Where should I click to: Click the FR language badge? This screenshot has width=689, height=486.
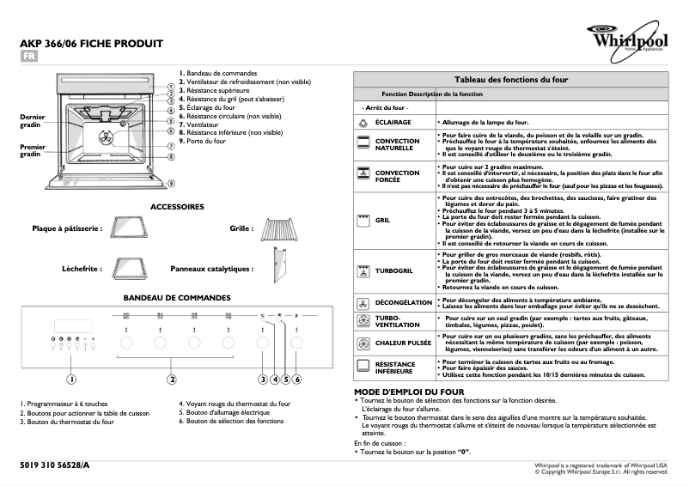[x=29, y=57]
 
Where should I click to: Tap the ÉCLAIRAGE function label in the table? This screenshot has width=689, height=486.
[x=392, y=123]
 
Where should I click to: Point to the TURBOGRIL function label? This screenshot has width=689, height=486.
[x=393, y=272]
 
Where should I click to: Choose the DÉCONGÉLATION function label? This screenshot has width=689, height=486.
[x=403, y=302]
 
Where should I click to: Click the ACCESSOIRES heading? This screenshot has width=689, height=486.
[x=177, y=207]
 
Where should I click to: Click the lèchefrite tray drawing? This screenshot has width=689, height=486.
[x=129, y=269]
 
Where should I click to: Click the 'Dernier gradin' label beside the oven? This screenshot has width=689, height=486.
[x=32, y=119]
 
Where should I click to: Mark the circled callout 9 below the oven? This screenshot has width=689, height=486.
[x=171, y=183]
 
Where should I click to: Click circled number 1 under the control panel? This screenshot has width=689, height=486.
[x=72, y=403]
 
